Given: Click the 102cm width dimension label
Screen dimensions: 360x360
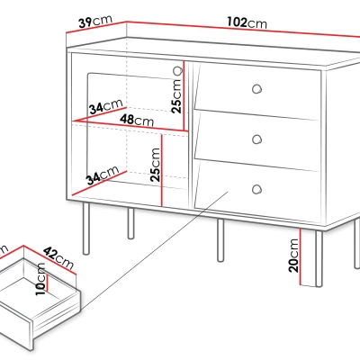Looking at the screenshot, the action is (x=247, y=22).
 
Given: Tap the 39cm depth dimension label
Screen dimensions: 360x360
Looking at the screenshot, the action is (x=95, y=22).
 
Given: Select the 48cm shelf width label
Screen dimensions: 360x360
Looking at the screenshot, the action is (x=137, y=121).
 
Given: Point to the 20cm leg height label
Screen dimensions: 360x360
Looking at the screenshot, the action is (x=294, y=255).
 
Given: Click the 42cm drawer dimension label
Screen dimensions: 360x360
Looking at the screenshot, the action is (x=58, y=258).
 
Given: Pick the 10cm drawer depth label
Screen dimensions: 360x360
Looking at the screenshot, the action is (x=40, y=279).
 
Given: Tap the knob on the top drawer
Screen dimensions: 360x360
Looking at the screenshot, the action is (x=256, y=89).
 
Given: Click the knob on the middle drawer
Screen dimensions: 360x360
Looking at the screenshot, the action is (x=256, y=139).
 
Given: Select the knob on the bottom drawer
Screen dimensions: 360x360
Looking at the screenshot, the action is (x=256, y=189).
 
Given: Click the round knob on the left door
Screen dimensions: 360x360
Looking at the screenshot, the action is (x=178, y=71).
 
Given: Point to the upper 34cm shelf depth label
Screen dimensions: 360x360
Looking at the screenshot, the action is (x=106, y=106).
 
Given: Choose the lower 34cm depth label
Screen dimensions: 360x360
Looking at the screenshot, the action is (x=102, y=175).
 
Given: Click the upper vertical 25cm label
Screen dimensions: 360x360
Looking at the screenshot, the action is (x=176, y=96).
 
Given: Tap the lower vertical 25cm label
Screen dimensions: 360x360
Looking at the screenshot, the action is (x=156, y=165).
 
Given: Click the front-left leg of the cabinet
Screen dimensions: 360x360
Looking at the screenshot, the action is (x=86, y=229).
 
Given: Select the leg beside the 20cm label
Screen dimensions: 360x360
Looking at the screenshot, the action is (x=319, y=258).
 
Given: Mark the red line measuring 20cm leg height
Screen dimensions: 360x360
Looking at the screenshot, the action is (x=300, y=256).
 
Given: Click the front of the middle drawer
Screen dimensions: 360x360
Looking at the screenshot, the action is (x=256, y=140).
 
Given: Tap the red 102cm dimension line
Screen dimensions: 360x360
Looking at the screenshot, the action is (x=243, y=30).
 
